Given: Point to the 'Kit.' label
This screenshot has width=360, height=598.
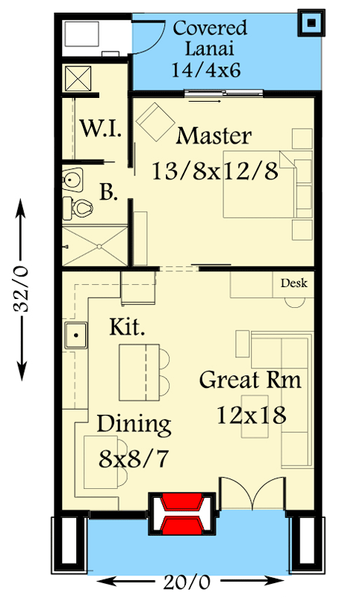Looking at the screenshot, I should [x=126, y=327].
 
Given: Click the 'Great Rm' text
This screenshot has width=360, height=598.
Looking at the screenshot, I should [x=250, y=380].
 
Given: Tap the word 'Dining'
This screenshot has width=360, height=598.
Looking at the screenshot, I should [x=134, y=425].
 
